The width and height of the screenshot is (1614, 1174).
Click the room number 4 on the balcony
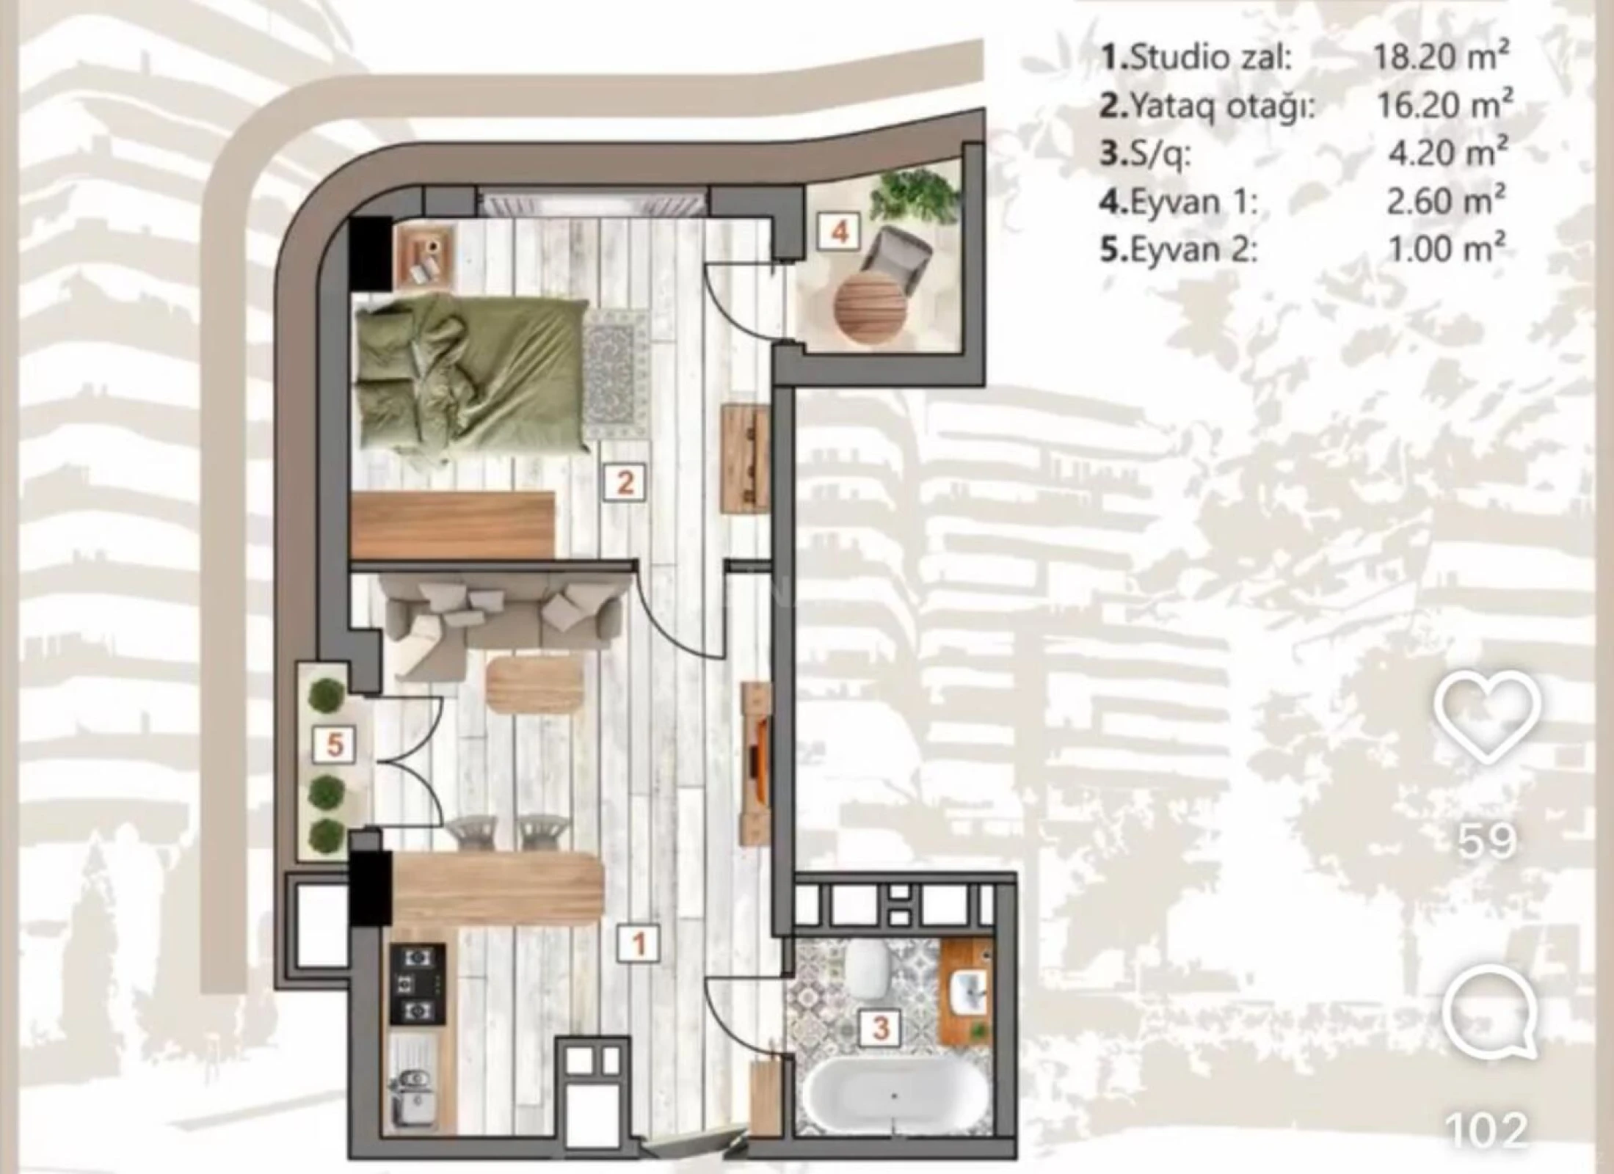point(840,233)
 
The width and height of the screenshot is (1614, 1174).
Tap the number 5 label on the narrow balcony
point(335,745)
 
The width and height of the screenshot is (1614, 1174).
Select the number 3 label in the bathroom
point(881,1027)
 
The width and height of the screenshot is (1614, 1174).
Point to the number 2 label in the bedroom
point(625,483)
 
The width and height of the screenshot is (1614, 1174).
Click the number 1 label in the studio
point(639,944)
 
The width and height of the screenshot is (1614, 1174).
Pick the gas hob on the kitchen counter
point(417,983)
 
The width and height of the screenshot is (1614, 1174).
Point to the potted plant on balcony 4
point(915,196)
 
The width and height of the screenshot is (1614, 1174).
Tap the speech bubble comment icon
point(1488,1016)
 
